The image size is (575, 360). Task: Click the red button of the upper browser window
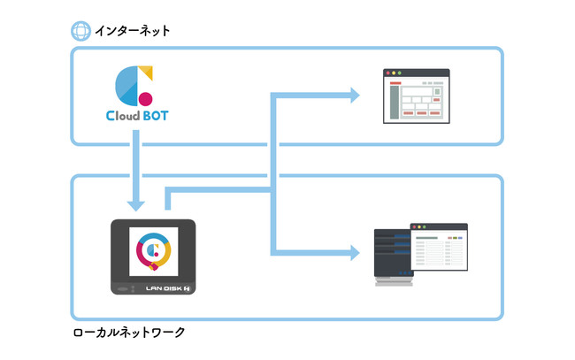point(386,73)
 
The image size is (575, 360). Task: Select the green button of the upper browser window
point(400,73)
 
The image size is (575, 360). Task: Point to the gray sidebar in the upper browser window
point(389,101)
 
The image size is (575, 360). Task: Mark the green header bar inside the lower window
point(428,237)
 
